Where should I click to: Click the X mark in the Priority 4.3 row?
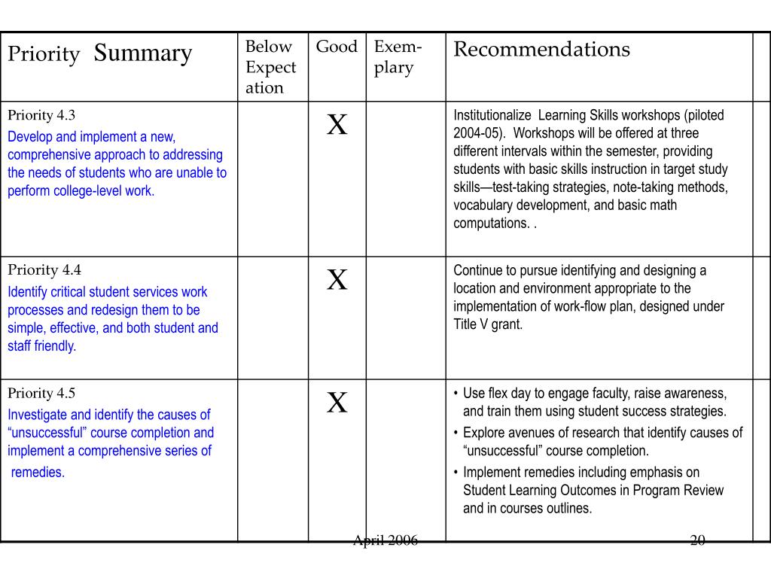tap(337, 125)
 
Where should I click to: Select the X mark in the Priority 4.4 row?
tap(337, 280)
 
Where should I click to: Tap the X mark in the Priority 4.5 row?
tap(337, 403)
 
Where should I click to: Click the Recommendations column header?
tap(541, 50)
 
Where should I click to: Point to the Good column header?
tap(337, 47)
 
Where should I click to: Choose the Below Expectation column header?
tap(271, 67)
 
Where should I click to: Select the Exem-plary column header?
tap(398, 57)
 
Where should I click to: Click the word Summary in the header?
tap(143, 53)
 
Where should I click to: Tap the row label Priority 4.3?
tap(41, 115)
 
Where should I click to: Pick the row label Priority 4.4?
tap(44, 270)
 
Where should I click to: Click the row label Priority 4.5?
tap(41, 393)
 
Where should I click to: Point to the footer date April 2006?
tap(385, 540)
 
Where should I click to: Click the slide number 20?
tap(697, 540)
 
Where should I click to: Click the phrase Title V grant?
tap(487, 325)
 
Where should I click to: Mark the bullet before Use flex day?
tap(456, 394)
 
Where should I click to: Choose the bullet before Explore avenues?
tap(456, 433)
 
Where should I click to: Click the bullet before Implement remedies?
tap(456, 473)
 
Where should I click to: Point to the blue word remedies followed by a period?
tap(38, 473)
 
